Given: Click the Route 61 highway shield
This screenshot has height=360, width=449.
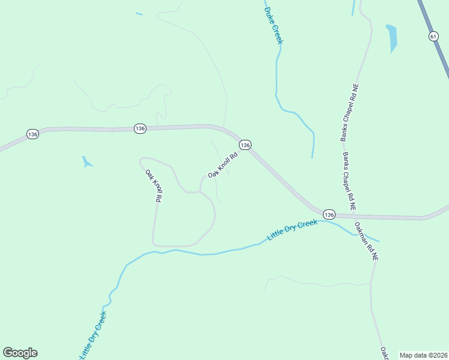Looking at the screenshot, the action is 433,37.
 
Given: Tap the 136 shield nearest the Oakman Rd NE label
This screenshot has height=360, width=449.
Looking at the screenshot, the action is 328,214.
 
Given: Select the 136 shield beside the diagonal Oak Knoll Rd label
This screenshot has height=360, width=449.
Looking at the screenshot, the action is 244,145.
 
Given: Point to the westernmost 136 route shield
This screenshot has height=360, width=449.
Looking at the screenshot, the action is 32,134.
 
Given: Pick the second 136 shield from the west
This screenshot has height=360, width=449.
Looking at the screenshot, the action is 140,128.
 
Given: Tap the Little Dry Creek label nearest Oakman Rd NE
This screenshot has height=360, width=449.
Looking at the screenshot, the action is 292,231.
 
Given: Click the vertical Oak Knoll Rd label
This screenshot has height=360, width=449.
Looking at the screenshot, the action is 154,185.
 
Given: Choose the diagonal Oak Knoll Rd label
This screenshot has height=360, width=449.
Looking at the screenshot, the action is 223,164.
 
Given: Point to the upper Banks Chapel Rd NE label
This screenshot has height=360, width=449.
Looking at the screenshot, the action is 350,112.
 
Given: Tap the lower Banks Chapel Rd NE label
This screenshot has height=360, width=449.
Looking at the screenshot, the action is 349,181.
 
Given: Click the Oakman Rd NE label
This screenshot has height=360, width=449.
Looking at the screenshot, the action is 366,241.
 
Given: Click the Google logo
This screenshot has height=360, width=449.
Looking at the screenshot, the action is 20,353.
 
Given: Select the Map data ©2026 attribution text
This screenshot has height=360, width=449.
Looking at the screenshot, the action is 423,355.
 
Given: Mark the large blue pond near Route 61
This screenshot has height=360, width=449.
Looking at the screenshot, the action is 393,37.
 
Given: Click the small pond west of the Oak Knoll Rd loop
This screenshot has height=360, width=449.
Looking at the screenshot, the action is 87,161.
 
